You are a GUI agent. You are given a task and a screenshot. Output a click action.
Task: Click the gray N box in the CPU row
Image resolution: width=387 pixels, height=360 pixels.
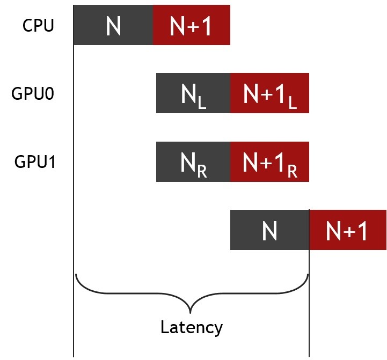pos(113,25)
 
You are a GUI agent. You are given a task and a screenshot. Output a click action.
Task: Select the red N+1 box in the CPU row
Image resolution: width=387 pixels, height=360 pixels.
pos(192,25)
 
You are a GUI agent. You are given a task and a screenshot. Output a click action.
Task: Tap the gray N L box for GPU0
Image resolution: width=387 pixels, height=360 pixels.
pos(193,93)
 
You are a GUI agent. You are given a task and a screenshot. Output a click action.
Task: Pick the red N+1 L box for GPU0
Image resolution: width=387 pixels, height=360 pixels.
pos(269,93)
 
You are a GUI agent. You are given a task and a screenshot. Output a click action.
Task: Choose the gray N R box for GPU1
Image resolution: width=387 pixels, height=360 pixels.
pos(193,161)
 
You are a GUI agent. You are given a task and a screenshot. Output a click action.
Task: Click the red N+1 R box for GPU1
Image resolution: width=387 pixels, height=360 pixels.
pos(269,161)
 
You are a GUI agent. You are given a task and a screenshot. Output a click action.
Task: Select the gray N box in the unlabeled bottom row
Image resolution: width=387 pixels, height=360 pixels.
pos(269,230)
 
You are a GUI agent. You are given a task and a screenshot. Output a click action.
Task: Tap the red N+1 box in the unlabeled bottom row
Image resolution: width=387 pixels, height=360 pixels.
pos(348,230)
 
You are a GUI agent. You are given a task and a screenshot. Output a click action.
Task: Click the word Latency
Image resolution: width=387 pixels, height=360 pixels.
pos(191,327)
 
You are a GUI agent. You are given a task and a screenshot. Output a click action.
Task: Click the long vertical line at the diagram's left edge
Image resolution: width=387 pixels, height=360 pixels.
pos(74,215)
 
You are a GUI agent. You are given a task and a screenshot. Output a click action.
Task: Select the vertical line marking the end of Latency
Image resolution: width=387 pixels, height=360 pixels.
pos(309,300)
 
